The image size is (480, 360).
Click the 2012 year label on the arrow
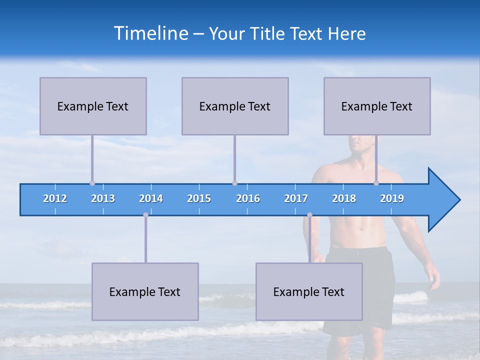(55, 198)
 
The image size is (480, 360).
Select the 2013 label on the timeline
(103, 198)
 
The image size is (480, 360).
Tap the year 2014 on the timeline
(151, 198)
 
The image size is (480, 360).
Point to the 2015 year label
(199, 198)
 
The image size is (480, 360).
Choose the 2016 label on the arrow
(248, 198)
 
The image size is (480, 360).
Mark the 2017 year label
(296, 198)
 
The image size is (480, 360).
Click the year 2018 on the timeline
(344, 198)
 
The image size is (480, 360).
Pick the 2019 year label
(392, 198)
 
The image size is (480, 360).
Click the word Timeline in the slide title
(150, 33)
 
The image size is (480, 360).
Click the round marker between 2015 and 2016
(234, 183)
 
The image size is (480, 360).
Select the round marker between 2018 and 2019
(376, 183)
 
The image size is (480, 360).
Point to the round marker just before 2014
(145, 215)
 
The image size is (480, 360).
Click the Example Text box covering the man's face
(377, 106)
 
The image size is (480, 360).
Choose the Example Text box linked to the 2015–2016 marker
(235, 106)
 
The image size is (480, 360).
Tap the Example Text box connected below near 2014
(145, 291)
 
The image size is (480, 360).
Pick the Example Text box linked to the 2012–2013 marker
(93, 106)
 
